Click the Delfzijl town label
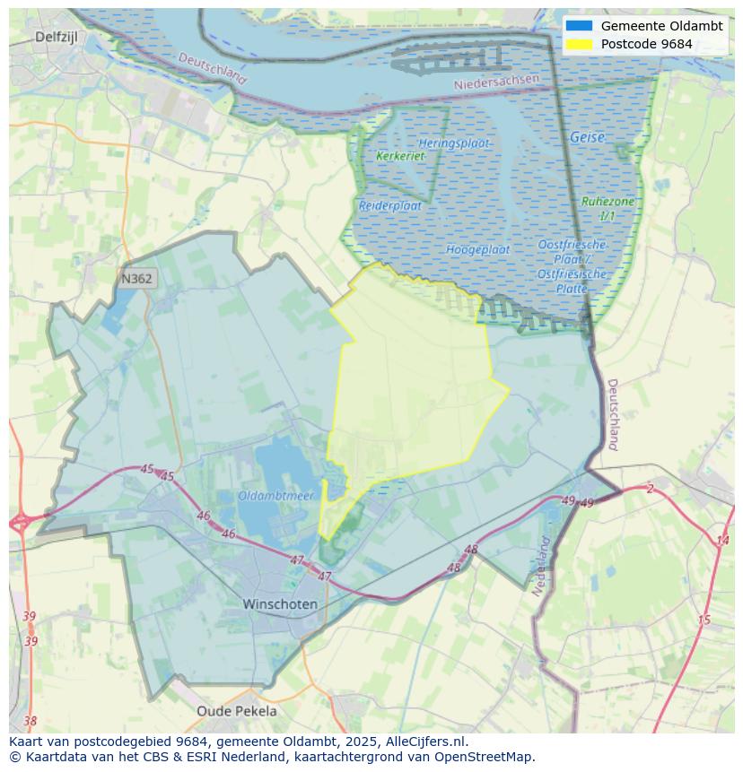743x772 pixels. click(57, 37)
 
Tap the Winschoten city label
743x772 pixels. click(280, 604)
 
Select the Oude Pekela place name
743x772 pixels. click(237, 711)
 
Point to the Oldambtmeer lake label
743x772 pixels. click(275, 496)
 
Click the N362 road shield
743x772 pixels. click(136, 279)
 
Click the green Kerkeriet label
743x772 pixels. click(400, 156)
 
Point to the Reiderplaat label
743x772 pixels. click(390, 205)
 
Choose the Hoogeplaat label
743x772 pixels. click(477, 249)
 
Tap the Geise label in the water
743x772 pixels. click(587, 138)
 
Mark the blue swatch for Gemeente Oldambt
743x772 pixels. click(579, 26)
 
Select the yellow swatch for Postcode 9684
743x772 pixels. click(579, 44)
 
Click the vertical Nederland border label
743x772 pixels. click(540, 567)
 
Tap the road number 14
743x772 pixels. click(722, 540)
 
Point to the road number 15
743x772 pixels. click(704, 620)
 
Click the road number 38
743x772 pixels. click(31, 721)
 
